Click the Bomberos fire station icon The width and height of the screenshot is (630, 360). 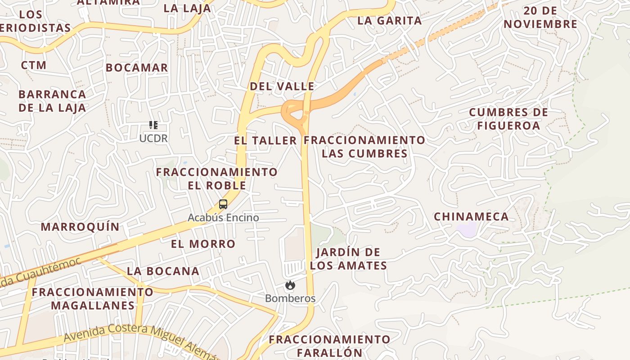pos(290,285)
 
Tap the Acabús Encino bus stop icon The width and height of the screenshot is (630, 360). pos(223,204)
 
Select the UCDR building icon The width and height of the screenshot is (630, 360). pos(153,125)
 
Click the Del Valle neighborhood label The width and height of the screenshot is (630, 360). pos(282,86)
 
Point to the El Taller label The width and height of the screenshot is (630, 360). pos(265,140)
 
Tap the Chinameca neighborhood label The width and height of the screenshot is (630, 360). pos(471,216)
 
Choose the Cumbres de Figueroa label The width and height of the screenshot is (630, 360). pos(508,119)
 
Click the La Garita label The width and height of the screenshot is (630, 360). pos(390,20)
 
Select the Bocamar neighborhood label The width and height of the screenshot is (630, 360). pos(137,67)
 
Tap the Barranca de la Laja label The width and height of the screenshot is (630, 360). pos(52,101)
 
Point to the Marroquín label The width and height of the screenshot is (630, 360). pos(80,226)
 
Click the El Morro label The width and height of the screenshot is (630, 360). pos(203,244)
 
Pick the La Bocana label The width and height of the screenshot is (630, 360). pos(163,271)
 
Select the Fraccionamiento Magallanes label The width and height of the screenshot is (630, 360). pos(92,299)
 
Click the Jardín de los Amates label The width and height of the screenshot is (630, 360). pos(348,259)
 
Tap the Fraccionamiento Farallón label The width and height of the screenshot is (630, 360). pos(330,346)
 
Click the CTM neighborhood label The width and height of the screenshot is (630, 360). pos(34,65)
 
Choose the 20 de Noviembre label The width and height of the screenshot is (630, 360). pos(540,18)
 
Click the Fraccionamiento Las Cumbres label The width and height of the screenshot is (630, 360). pos(364,147)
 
